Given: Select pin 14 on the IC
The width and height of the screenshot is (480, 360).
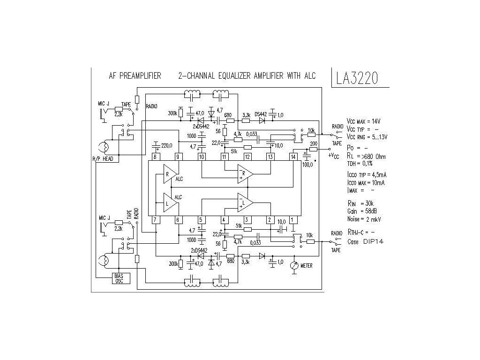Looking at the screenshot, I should pos(293,156).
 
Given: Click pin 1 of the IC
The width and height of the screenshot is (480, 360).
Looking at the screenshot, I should pos(293,219).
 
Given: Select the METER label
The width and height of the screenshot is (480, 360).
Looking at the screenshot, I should pos(307,265).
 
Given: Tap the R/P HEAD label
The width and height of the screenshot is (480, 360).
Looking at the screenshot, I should pos(102,159).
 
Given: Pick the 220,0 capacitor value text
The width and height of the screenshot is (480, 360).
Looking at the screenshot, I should pos(167,145).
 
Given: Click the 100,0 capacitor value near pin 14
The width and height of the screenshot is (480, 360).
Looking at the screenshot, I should pos(307,165).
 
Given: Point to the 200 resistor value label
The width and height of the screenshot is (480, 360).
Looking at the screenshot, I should pos(314,143).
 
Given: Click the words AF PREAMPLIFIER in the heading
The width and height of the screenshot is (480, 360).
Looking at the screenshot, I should pos(135,75).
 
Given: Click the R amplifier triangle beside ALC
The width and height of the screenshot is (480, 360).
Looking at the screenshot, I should pos(168,174).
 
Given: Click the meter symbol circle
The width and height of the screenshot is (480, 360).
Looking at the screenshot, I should pos(294,265).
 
